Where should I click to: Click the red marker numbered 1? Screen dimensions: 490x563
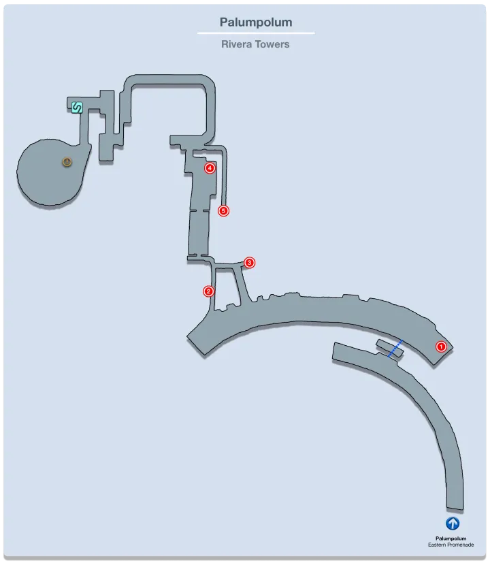point(441,347)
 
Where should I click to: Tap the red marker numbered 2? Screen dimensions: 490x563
point(208,291)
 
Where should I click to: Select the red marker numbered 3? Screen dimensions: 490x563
point(250,263)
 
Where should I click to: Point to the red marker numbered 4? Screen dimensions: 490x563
point(210,167)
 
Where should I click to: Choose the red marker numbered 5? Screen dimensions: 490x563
point(223,211)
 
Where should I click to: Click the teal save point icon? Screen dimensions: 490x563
point(77,108)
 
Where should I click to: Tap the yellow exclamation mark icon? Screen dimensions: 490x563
point(67,162)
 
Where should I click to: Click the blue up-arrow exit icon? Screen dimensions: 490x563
point(453,523)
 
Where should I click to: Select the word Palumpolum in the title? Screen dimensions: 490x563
point(256,22)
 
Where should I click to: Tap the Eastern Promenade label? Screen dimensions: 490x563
point(451,545)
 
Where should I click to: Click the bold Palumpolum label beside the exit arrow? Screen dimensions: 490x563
point(451,538)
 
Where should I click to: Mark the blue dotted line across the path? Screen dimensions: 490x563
point(395,349)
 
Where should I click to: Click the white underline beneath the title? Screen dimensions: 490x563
point(256,33)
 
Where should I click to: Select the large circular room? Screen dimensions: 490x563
point(50,173)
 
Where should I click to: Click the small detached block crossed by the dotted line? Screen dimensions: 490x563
point(390,348)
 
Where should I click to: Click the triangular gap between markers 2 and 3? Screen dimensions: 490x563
point(226,287)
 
